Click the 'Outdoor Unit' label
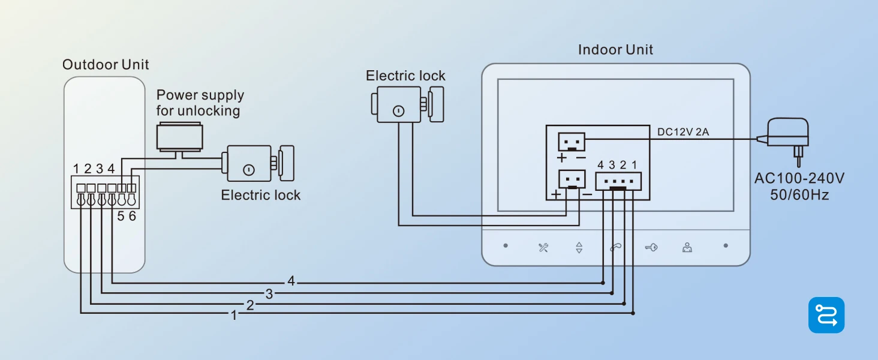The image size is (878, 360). [x=106, y=64]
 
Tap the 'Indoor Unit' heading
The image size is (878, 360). [x=615, y=50]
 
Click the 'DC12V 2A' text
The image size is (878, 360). [x=683, y=132]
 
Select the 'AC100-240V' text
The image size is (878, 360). [x=799, y=178]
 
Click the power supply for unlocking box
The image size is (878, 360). [x=179, y=137]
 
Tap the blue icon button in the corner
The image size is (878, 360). [x=826, y=315]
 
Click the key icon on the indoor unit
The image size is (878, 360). [x=651, y=247]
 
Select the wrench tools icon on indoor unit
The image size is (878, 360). [x=543, y=247]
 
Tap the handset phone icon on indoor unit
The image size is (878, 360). [x=615, y=247]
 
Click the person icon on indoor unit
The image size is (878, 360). [x=687, y=247]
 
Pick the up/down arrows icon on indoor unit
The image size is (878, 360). [x=579, y=247]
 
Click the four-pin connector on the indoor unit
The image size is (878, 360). [x=618, y=182]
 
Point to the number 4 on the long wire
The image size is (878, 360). [x=291, y=281]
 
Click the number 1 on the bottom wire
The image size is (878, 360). [x=234, y=315]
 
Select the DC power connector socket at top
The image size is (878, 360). [x=572, y=142]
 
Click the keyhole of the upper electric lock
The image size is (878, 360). [x=398, y=112]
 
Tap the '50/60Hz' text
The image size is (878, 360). [x=799, y=195]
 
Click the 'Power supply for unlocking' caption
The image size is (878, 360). [x=200, y=103]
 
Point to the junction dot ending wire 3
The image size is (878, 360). [x=612, y=293]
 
